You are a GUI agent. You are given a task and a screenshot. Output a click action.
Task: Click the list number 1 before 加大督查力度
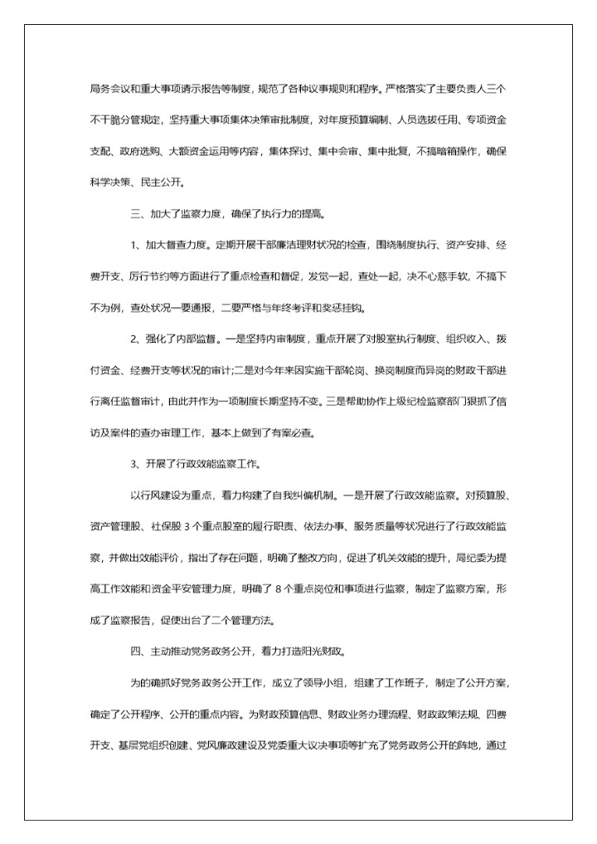pyautogui.click(x=133, y=245)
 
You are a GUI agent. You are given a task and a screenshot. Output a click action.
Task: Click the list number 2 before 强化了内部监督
pyautogui.click(x=133, y=339)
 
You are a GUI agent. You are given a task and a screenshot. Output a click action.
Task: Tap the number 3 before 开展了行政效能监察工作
pyautogui.click(x=133, y=464)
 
